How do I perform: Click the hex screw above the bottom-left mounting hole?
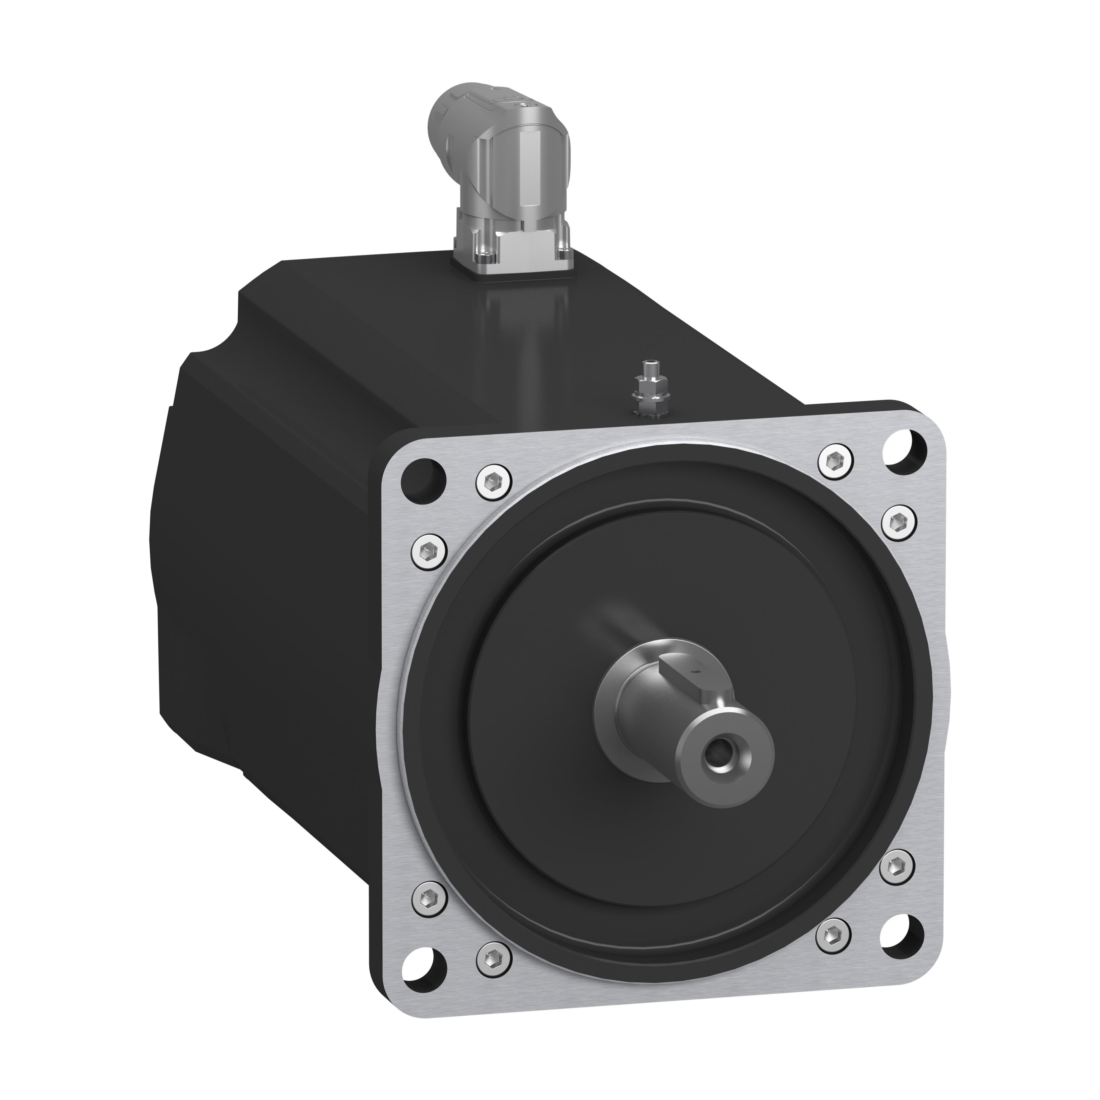tap(429, 900)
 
